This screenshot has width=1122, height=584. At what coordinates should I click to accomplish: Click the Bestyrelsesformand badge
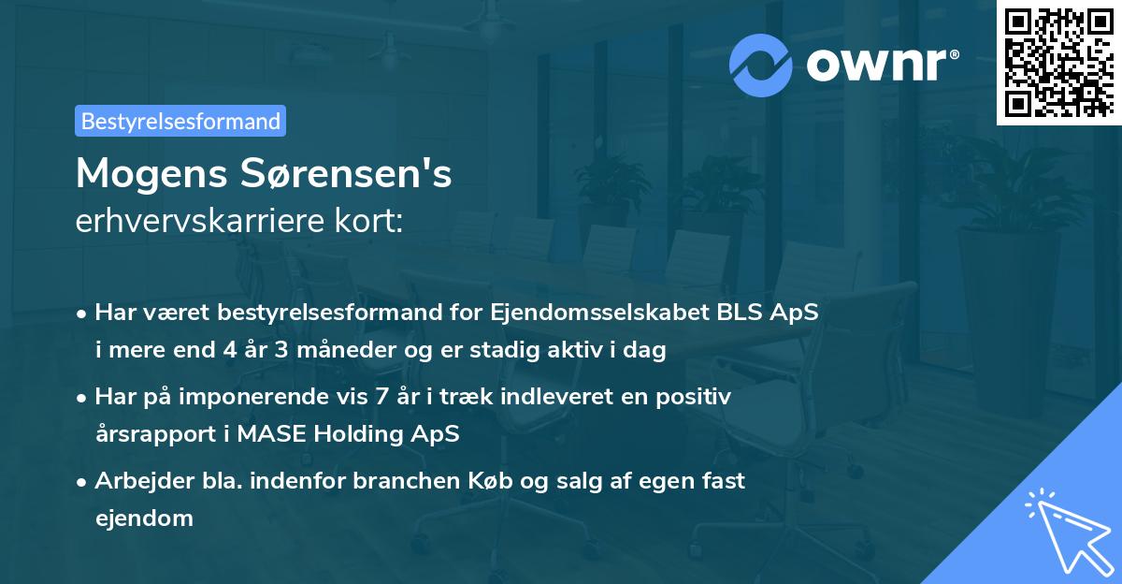point(180,121)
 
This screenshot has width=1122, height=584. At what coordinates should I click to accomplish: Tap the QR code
point(1057,62)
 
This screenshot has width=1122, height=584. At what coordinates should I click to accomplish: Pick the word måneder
point(338,351)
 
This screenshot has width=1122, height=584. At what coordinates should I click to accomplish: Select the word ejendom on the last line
point(144,518)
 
